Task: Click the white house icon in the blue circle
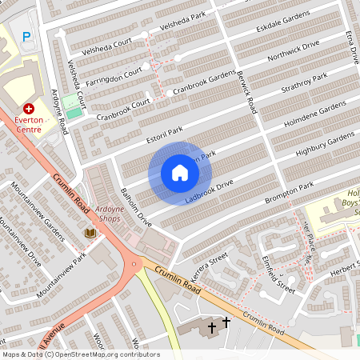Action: pos(179,173)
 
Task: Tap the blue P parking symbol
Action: pos(27,36)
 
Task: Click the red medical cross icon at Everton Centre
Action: pos(29,108)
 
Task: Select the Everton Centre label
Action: pos(29,124)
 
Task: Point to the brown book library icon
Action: pos(90,233)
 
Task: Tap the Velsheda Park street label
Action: pos(182,26)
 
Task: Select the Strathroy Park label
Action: pos(305,84)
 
